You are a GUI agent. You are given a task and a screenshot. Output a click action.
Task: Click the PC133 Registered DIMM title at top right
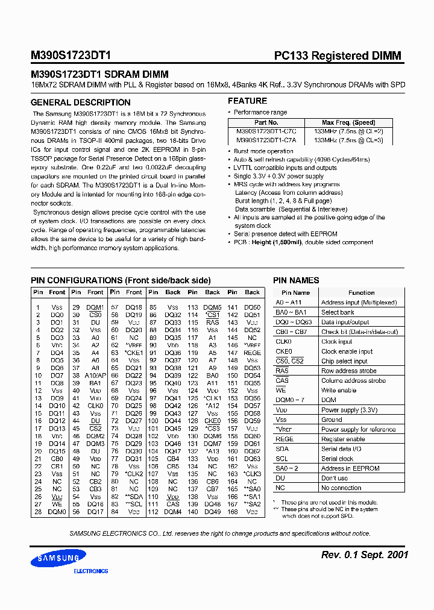338,56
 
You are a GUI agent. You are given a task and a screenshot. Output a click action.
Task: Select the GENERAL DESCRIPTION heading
71,102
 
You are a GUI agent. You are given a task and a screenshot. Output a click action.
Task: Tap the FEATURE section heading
247,101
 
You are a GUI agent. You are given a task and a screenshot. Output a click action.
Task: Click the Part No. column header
266,122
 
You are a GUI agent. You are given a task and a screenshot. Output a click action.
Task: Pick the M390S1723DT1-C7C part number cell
266,131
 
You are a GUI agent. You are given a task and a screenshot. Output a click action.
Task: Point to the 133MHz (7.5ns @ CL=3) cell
348,139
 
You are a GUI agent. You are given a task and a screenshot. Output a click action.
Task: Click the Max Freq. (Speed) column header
348,122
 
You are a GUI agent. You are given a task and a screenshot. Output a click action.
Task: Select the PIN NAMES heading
296,280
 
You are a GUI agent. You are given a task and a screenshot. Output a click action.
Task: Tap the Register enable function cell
343,439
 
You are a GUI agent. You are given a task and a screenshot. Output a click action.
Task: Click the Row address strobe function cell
348,371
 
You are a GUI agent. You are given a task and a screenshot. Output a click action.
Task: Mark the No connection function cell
341,488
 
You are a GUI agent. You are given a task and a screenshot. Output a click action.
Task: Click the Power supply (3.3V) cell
349,410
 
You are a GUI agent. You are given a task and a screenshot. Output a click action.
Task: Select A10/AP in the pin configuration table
95,375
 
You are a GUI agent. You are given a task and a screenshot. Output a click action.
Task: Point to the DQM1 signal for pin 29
95,307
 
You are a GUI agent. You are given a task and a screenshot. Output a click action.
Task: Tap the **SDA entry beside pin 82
134,496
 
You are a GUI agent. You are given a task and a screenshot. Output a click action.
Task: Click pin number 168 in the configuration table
232,512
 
